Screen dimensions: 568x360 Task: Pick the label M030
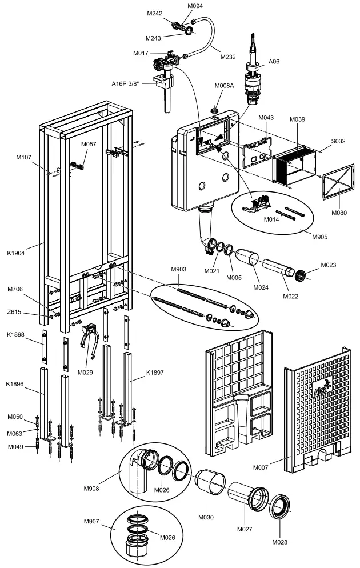206,517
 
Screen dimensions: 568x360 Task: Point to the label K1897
155,373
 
